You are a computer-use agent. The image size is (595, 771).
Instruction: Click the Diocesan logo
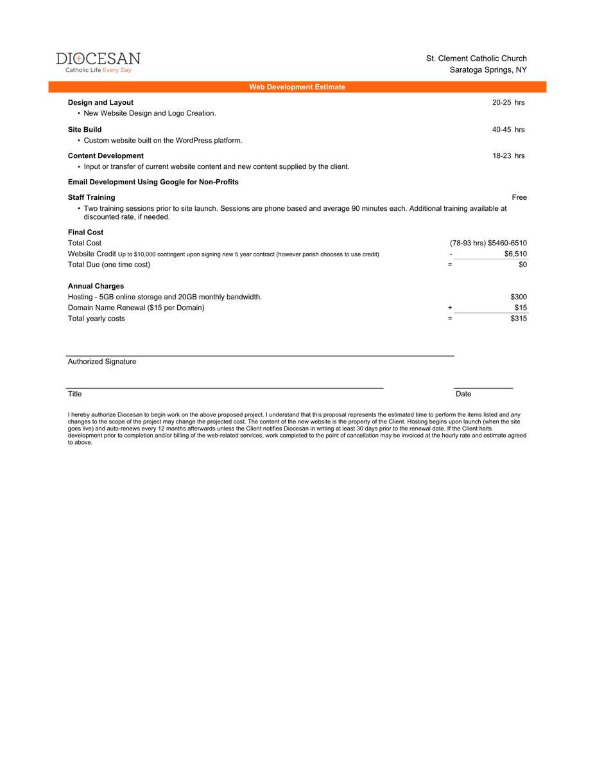[x=98, y=62]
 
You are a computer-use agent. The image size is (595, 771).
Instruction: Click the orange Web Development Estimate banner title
[x=297, y=87]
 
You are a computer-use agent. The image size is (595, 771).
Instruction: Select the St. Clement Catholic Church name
[x=476, y=58]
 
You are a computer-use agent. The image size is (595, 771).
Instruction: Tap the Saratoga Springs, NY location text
[x=488, y=69]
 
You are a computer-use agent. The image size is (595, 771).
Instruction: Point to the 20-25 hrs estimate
[x=508, y=102]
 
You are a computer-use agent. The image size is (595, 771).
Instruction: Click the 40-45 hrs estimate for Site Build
[x=508, y=129]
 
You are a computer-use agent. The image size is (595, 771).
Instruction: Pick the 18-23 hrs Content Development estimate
[x=508, y=155]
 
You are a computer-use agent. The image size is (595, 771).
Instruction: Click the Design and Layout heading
[x=101, y=102]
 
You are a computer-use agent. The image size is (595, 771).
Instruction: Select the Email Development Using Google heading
[x=153, y=182]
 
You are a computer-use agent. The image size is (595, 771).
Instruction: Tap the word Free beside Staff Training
[x=519, y=197]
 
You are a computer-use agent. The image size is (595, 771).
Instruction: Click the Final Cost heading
[x=85, y=232]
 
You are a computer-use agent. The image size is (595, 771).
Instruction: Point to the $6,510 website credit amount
[x=515, y=254]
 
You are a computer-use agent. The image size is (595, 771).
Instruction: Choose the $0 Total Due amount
[x=522, y=264]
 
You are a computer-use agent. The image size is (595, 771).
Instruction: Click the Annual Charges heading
[x=96, y=286]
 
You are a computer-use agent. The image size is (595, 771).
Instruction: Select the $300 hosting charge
[x=519, y=297]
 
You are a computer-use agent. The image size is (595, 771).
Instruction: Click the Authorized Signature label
[x=102, y=362]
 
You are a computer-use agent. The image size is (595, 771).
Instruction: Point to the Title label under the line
[x=75, y=394]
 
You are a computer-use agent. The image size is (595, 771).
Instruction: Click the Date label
[x=463, y=394]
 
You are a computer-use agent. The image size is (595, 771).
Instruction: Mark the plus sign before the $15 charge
[x=450, y=308]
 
